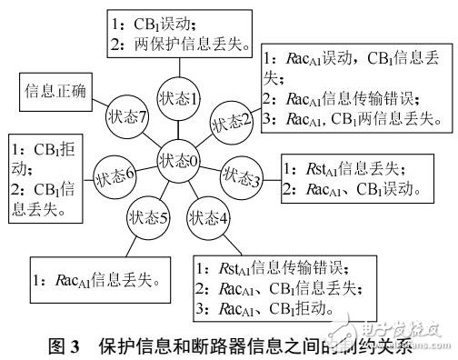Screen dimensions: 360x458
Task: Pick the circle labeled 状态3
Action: [x=241, y=175]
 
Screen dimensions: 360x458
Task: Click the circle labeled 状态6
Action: [x=116, y=171]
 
